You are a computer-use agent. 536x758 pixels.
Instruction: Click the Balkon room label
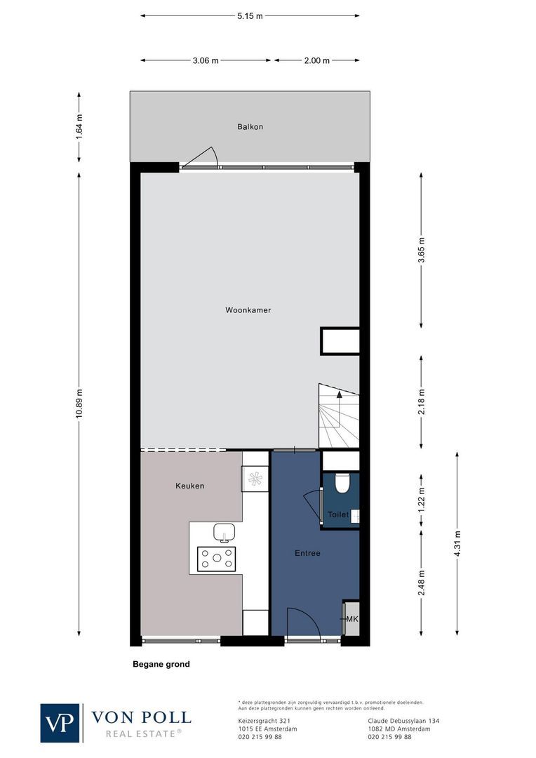coord(250,127)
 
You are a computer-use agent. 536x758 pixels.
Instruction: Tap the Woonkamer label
coord(248,310)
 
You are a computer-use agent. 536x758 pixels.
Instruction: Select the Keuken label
coord(189,486)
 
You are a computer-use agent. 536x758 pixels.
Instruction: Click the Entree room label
coord(307,553)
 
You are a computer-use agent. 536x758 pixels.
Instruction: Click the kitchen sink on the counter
coord(224,532)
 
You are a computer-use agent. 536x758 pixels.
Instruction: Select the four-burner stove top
coord(216,559)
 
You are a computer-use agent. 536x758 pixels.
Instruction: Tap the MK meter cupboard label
coord(352,619)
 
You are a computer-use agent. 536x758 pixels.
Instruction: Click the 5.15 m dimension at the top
coord(250,15)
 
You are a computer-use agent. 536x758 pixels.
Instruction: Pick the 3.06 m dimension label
coord(206,60)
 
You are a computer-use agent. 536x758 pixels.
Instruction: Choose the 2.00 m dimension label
coord(316,60)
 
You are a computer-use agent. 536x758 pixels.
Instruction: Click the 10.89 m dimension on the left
coord(79,403)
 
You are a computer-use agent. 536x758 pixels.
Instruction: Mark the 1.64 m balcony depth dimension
coord(79,126)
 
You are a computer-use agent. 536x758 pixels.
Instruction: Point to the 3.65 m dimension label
coord(421,249)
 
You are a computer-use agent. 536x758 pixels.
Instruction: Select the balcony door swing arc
coord(203,157)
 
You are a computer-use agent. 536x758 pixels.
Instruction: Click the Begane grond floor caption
coord(161,664)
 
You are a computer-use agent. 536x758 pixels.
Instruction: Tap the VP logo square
coord(60,722)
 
